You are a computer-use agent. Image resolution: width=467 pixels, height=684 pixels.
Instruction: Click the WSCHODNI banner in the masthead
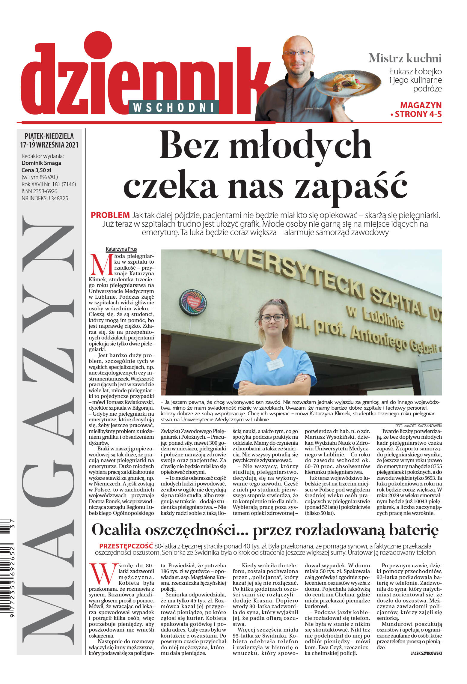tap(173, 107)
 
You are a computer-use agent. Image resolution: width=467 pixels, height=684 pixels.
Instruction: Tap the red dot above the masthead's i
tap(98, 46)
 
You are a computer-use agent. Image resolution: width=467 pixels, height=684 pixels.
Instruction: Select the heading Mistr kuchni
tap(405, 58)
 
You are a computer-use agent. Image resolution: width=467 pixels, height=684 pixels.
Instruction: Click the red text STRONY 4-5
tap(418, 114)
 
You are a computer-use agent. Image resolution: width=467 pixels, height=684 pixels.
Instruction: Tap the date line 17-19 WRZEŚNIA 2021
tap(49, 145)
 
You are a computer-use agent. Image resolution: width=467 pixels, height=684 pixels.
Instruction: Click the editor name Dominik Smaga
tap(41, 163)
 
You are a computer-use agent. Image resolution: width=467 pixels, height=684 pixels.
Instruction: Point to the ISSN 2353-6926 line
tap(39, 191)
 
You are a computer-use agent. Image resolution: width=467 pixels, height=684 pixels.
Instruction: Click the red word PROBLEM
tap(110, 215)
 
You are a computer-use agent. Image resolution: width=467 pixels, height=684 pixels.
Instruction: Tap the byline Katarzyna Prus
tap(121, 249)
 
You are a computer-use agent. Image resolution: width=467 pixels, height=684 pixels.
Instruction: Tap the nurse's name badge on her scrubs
tap(275, 364)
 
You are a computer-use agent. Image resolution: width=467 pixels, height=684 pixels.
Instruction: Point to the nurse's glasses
tap(272, 318)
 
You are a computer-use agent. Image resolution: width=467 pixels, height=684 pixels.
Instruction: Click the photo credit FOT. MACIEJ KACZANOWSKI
tap(418, 426)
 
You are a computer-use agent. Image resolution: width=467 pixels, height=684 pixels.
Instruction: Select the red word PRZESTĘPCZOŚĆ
tap(126, 546)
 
